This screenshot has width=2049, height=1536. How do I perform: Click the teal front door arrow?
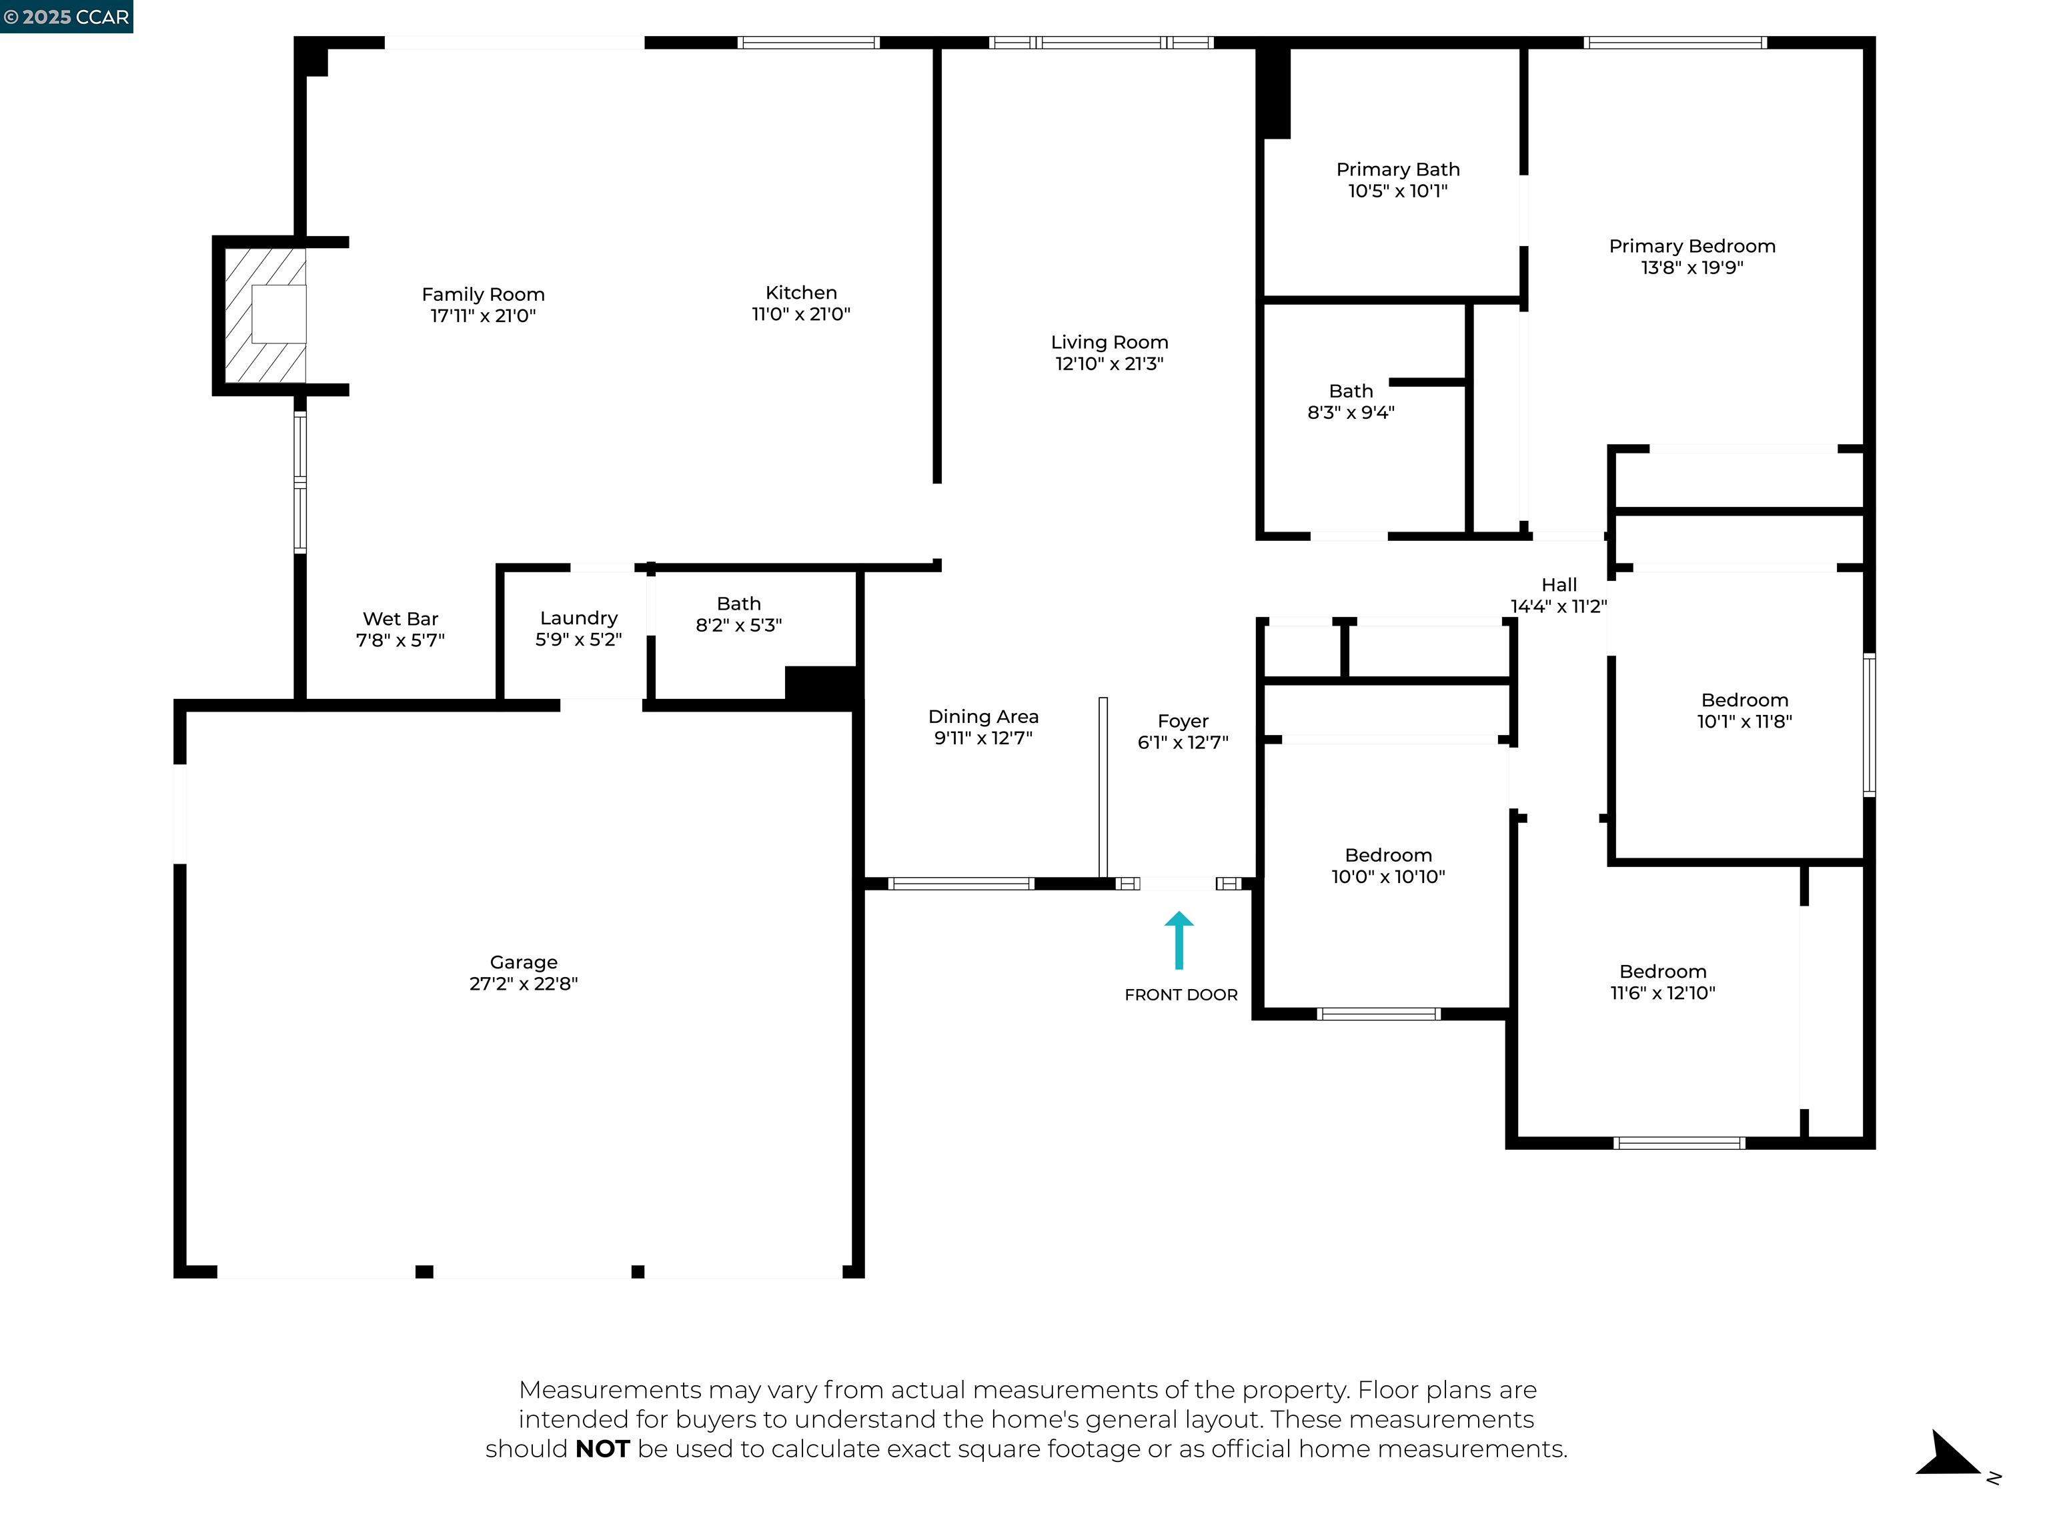1179,940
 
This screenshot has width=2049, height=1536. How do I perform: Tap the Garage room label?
524,962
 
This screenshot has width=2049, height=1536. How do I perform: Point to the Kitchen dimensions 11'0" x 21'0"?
800,315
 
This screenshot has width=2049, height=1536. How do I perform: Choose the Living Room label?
1109,343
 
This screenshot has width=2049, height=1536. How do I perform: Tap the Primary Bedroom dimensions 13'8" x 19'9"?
1691,267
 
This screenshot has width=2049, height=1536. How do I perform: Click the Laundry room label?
578,618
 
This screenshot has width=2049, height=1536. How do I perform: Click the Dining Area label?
983,717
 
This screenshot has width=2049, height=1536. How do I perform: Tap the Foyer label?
1183,722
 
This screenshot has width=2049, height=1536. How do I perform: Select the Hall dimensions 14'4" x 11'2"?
1558,607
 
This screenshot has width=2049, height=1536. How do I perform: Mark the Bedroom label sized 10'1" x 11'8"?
1744,700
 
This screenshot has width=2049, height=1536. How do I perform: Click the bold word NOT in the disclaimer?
602,1449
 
